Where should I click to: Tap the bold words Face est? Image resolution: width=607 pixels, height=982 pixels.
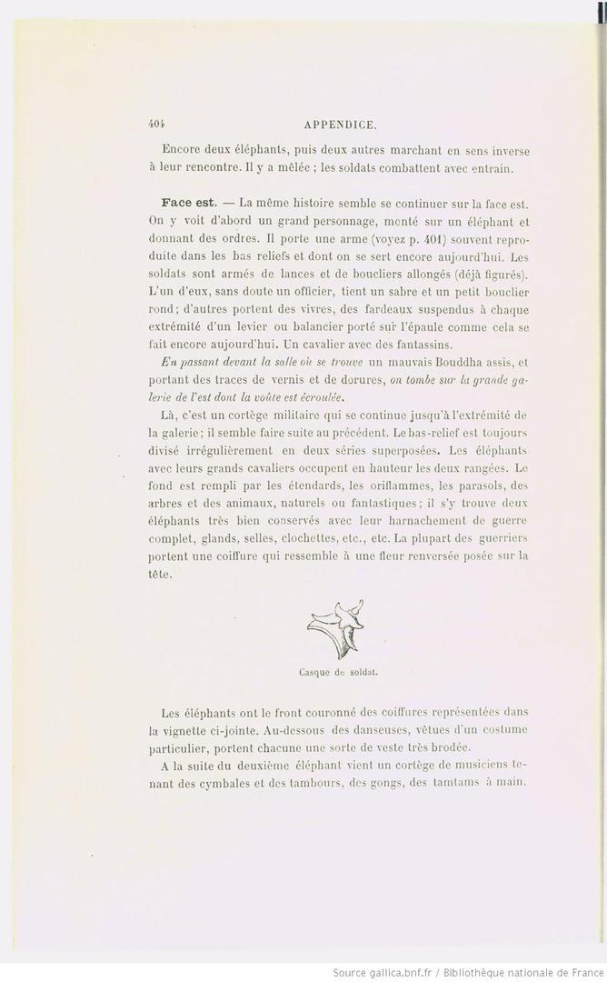click(187, 202)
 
